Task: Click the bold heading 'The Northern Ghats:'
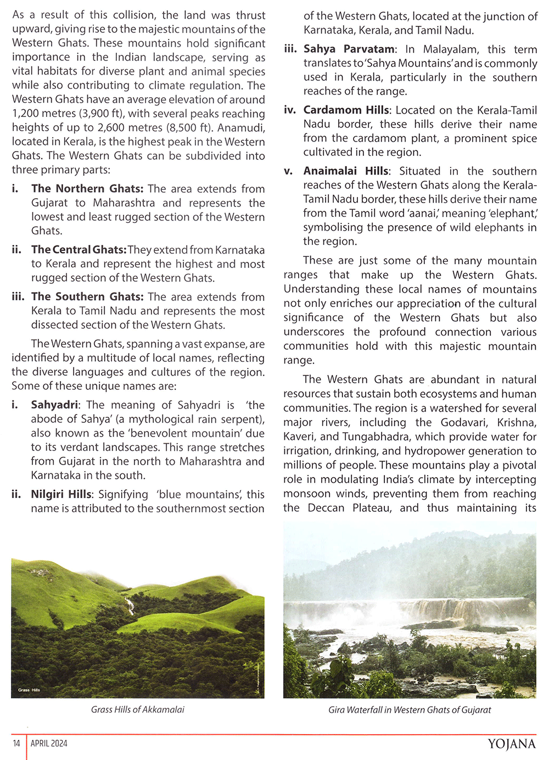(87, 189)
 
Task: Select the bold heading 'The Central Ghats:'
(79, 250)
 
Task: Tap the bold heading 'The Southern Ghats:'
(87, 297)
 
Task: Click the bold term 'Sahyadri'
(54, 405)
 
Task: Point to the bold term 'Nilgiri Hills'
(61, 494)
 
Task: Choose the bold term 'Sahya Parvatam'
(349, 49)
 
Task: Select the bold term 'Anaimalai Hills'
(346, 171)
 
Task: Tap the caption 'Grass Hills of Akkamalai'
(137, 709)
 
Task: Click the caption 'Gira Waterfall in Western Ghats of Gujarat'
(410, 709)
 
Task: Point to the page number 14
(16, 744)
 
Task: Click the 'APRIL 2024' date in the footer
(49, 744)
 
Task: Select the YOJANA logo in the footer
(511, 744)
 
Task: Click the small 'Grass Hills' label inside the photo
(29, 690)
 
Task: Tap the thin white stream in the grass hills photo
(130, 606)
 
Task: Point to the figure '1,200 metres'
(41, 114)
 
